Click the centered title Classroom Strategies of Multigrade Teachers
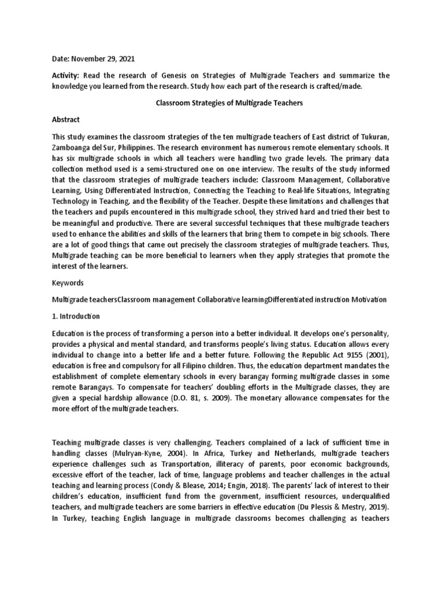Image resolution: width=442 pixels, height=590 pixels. (220, 103)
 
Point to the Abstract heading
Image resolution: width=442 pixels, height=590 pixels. (66, 119)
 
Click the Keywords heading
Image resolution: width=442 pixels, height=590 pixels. (68, 283)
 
